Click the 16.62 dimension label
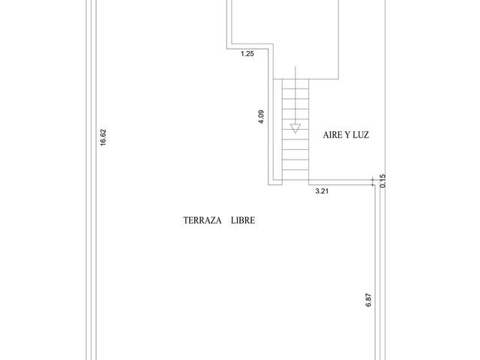click(x=103, y=137)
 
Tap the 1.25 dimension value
click(x=247, y=54)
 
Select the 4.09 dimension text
click(x=261, y=117)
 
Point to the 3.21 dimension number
click(x=322, y=191)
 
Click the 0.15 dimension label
click(x=382, y=181)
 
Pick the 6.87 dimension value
click(x=368, y=300)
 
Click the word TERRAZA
click(x=202, y=220)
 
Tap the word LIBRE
click(x=243, y=220)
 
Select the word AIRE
click(x=333, y=135)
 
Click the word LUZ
click(x=361, y=135)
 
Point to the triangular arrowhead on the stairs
click(x=295, y=128)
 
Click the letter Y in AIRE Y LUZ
click(x=348, y=135)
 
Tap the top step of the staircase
click(x=295, y=84)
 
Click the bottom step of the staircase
click(x=295, y=175)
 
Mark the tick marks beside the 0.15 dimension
click(x=373, y=181)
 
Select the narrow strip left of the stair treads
click(x=277, y=129)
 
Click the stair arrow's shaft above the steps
click(x=295, y=73)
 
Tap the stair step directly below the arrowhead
click(x=295, y=134)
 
